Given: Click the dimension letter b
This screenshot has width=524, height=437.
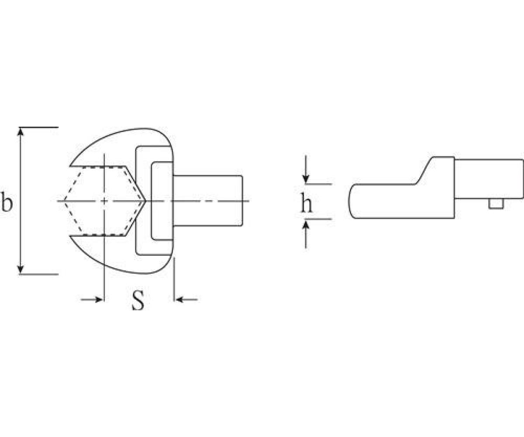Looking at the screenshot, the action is (7, 201).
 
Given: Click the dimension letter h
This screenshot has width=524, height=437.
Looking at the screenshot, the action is (306, 202).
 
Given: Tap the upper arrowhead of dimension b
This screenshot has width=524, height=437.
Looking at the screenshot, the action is (21, 132).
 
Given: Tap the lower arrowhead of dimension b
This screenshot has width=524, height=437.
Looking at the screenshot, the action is (21, 270).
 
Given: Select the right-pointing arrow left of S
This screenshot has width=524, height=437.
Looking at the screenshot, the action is (92, 299).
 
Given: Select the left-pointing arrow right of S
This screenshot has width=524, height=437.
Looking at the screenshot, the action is (186, 299).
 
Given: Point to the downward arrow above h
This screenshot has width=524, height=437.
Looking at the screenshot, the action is (305, 169).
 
